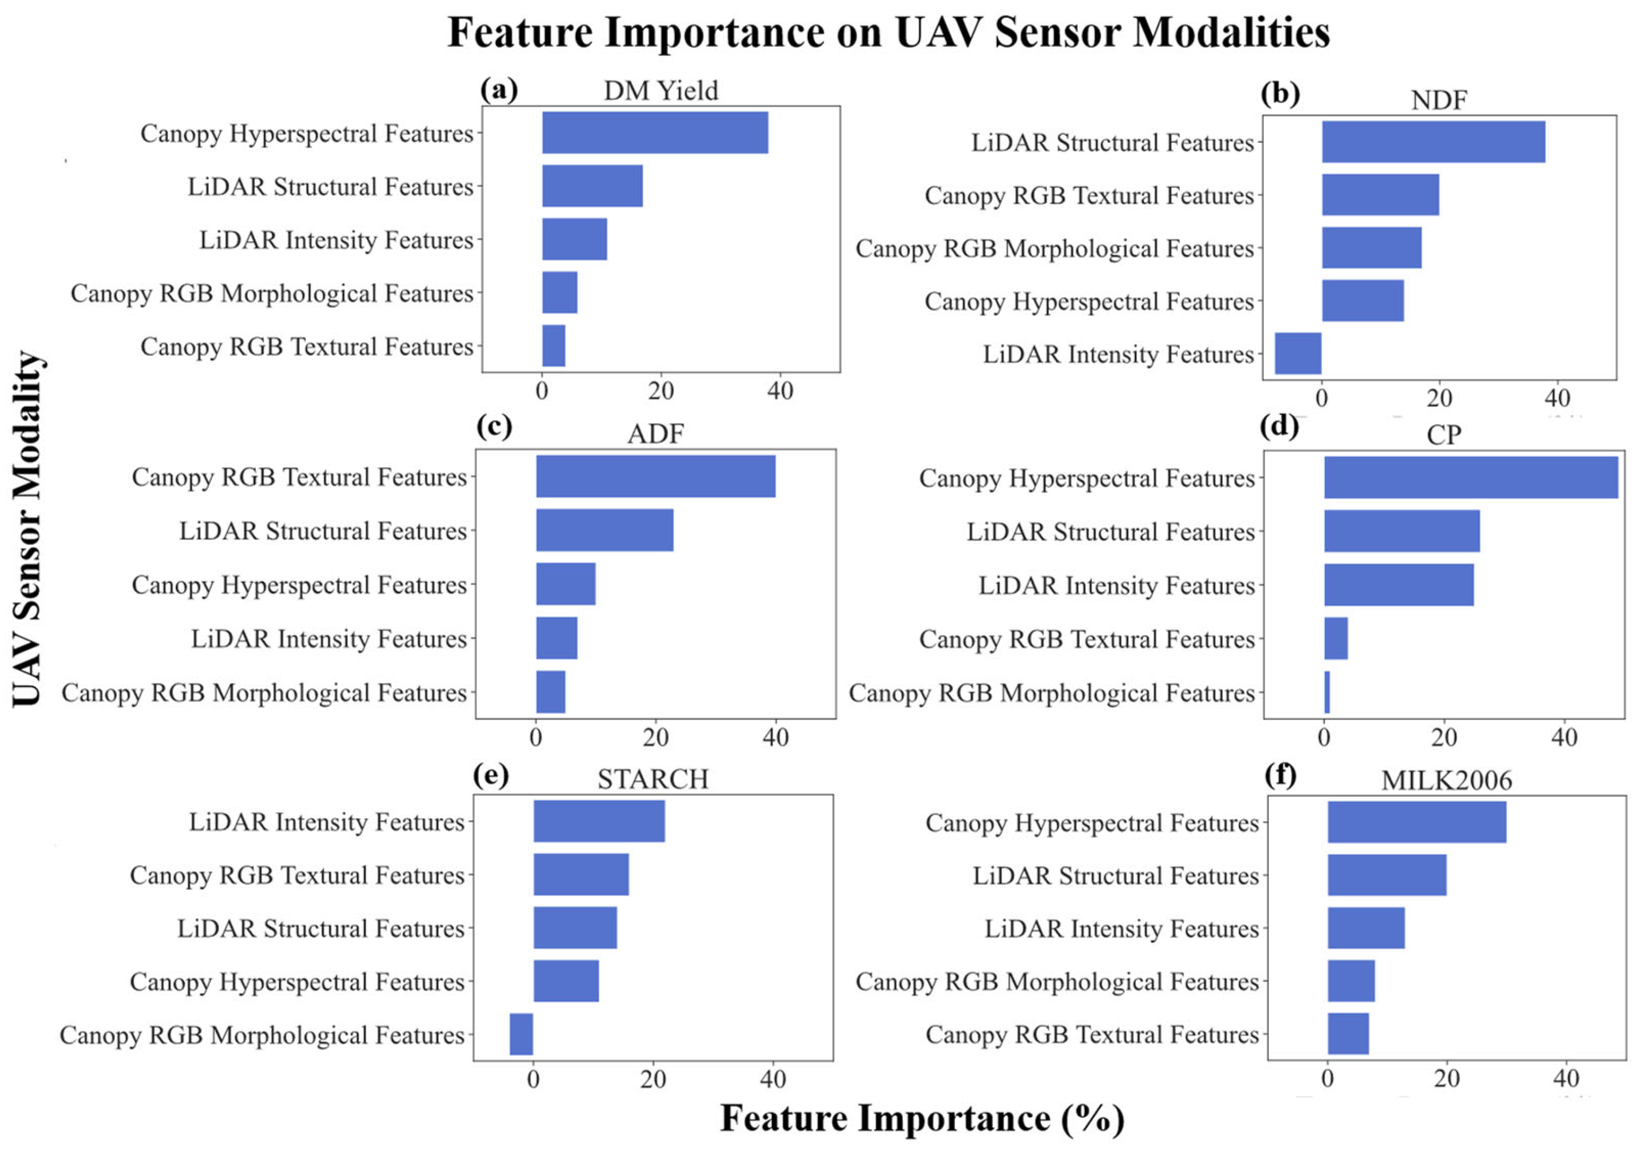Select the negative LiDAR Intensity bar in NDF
point(1298,354)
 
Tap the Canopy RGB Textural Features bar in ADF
point(655,476)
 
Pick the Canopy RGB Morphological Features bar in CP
point(1327,692)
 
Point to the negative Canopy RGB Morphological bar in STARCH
point(521,1034)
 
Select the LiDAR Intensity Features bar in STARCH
point(599,821)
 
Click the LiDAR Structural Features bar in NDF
point(1433,142)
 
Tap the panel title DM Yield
point(661,91)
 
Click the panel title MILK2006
point(1447,781)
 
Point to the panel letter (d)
point(1279,426)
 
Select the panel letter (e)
point(491,776)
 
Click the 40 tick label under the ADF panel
point(776,737)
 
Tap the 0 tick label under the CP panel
point(1324,737)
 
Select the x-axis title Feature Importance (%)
point(921,1118)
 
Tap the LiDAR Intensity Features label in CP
point(1116,586)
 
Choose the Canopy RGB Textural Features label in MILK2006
point(1091,1034)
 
